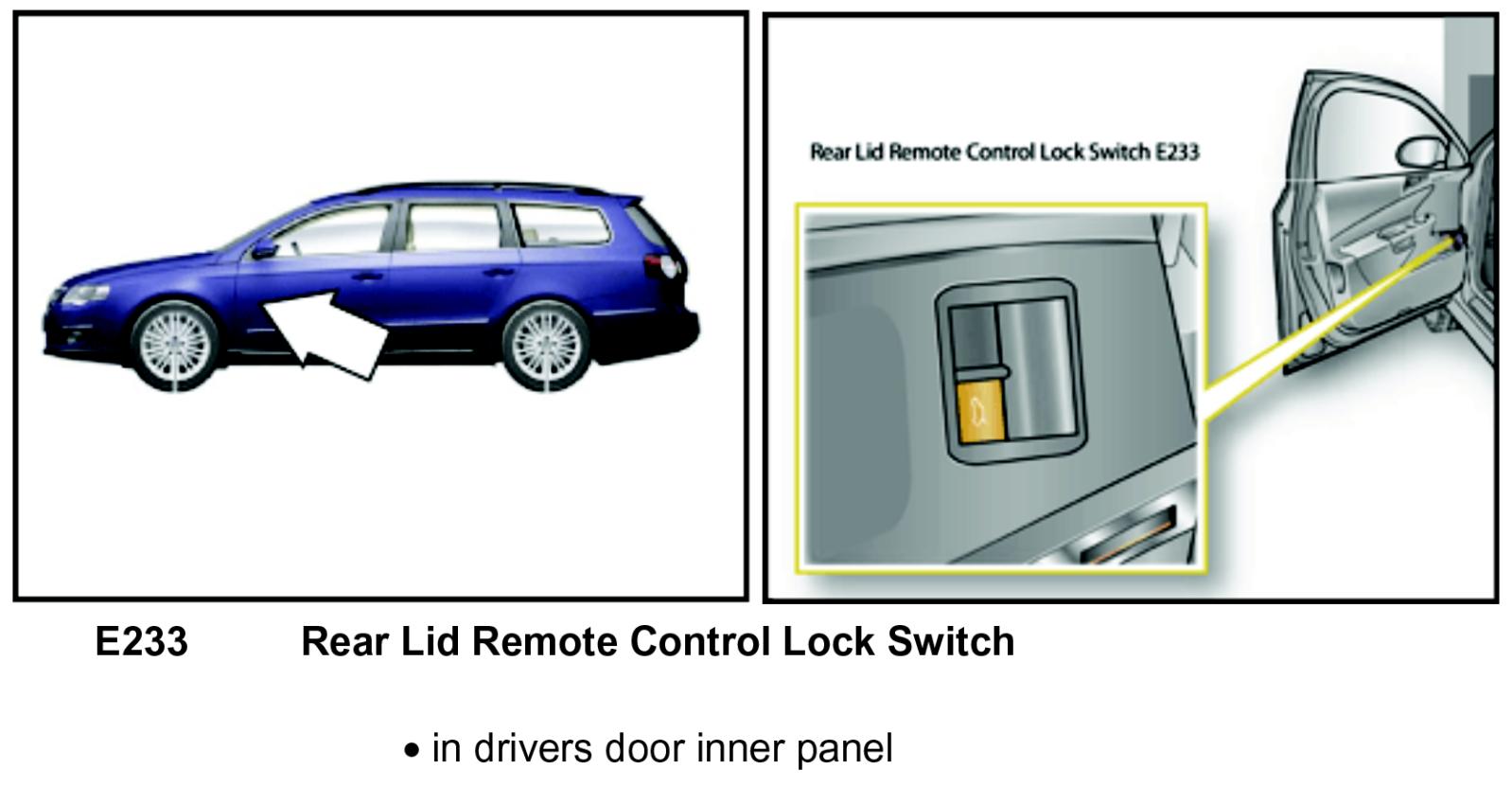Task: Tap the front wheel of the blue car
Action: click(171, 344)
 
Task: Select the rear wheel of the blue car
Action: click(543, 343)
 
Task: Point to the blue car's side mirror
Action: click(264, 250)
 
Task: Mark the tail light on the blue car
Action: click(664, 264)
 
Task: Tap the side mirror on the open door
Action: click(1418, 152)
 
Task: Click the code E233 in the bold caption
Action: click(142, 642)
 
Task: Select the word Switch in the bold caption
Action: click(951, 642)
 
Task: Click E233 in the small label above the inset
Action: click(1177, 152)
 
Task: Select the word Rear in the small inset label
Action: click(830, 152)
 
